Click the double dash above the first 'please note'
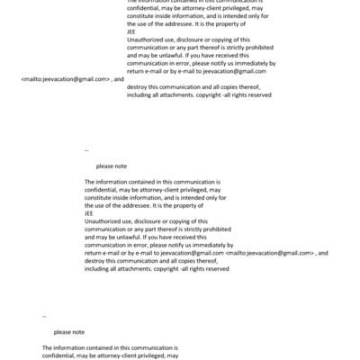tap(86, 150)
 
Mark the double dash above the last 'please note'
tap(44, 316)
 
